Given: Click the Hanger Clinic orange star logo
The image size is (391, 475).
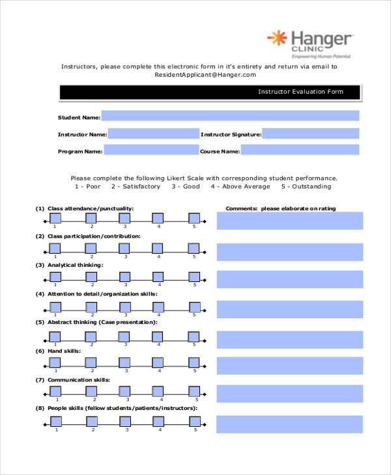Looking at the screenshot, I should click(277, 38).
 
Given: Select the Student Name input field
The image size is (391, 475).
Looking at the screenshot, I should click(230, 116).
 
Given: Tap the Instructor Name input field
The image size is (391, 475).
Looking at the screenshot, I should click(153, 134).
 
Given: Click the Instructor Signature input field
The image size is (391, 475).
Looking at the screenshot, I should click(311, 134).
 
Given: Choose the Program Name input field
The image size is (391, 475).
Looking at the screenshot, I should click(151, 150).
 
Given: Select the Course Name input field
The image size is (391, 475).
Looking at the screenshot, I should click(300, 150).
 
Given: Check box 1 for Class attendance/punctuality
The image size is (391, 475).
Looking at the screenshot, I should click(55, 219).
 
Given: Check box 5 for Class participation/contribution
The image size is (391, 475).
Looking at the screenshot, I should click(194, 247).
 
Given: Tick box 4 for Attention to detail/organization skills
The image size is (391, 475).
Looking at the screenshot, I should click(158, 305).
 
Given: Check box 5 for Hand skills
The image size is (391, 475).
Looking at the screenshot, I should click(194, 363).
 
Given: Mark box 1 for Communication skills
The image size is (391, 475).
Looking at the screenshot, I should click(55, 391).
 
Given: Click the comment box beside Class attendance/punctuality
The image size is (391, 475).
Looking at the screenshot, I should click(289, 221).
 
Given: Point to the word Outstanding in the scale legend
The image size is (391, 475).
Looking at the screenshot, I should click(311, 187).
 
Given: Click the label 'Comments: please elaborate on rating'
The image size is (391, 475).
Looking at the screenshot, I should click(281, 209).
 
